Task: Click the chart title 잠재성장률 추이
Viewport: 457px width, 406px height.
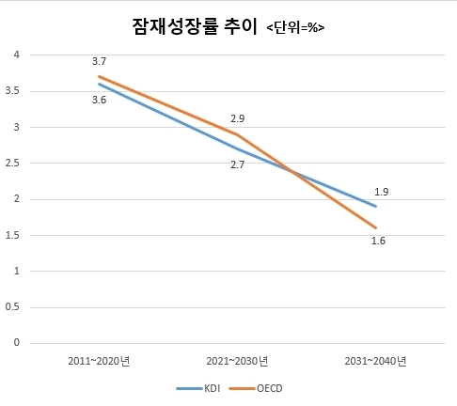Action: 195,26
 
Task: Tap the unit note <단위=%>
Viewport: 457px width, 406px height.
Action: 295,28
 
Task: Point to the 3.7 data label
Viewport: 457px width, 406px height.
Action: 99,61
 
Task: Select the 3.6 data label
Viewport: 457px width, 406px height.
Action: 99,100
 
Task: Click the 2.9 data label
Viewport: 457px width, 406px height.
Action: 238,118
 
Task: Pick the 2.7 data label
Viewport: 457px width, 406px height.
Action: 238,164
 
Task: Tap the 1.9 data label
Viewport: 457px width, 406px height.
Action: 382,192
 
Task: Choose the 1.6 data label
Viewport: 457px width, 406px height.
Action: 378,241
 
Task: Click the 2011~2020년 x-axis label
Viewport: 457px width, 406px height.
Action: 99,361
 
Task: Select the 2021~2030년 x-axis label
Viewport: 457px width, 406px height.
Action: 237,361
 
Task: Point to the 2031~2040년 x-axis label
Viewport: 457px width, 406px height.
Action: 375,361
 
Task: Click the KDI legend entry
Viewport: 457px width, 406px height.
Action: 198,388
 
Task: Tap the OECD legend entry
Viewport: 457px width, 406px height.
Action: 256,388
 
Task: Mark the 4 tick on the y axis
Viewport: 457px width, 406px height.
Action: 17,55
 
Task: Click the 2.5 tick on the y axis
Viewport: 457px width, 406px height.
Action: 12,164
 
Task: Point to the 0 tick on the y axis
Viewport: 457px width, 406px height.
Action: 17,342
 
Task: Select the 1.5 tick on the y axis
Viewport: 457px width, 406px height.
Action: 12,235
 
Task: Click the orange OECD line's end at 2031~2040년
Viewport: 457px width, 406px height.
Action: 375,227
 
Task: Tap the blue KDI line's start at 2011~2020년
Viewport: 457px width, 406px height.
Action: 99,84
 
